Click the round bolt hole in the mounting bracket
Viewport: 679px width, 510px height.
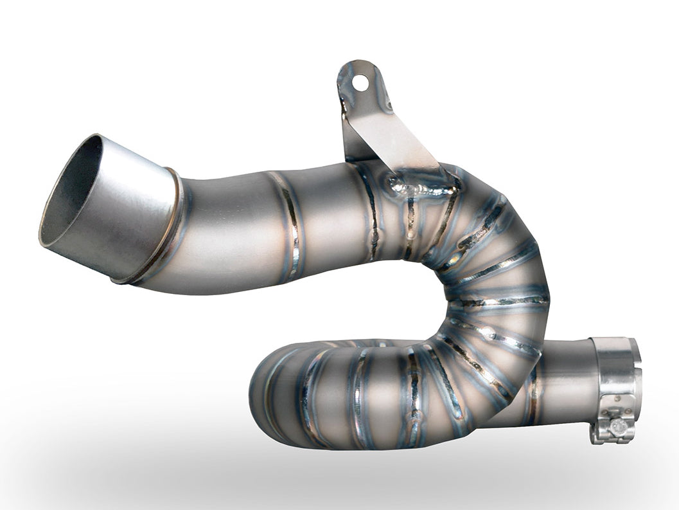tap(361, 83)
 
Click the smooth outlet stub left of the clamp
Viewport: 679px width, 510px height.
tap(565, 379)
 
